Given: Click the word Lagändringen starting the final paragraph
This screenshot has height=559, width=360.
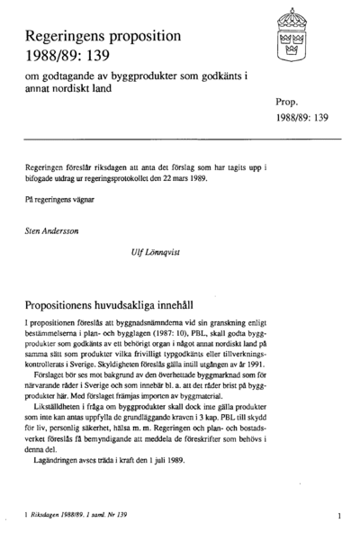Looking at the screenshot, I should coord(57,457).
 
